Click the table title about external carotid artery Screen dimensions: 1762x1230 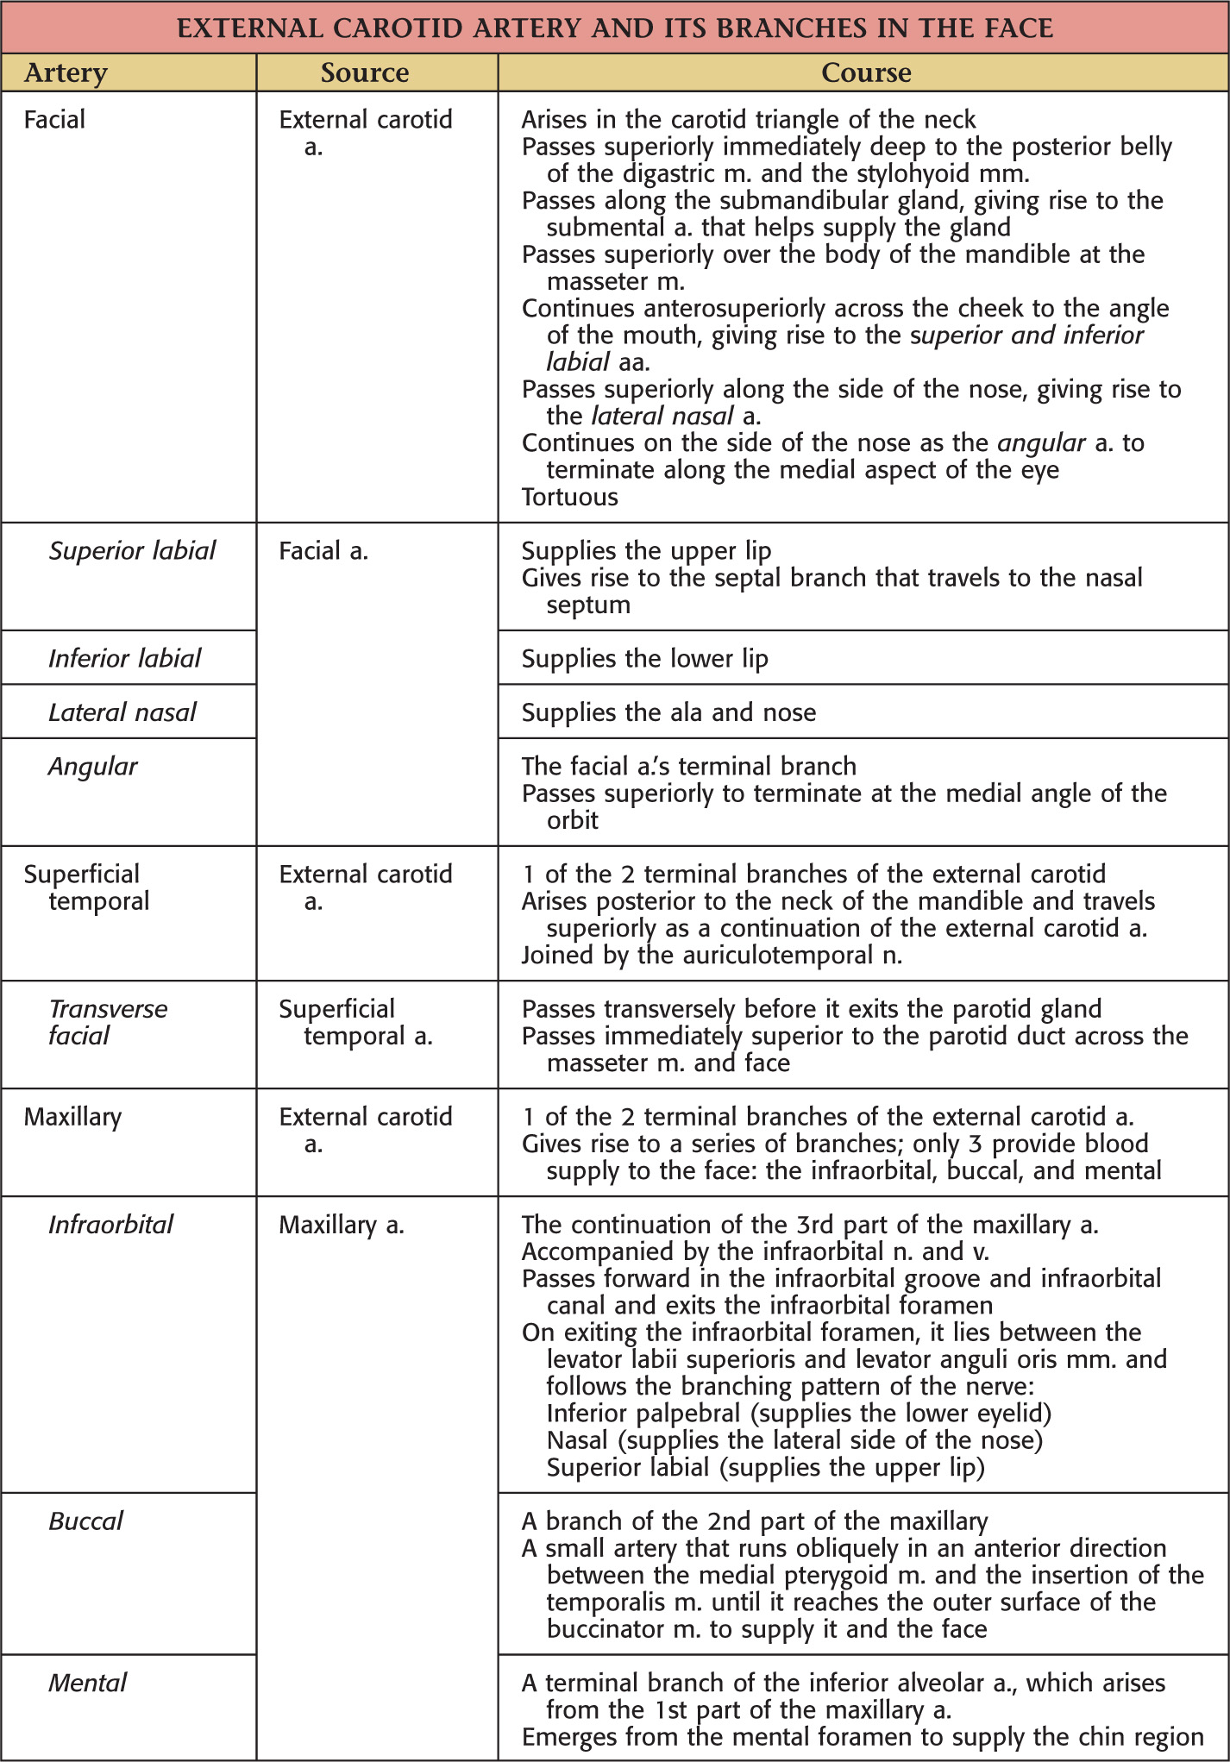pos(614,28)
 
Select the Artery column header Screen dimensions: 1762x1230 pos(66,73)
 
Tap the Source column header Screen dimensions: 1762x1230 pos(365,73)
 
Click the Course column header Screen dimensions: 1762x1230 pos(865,73)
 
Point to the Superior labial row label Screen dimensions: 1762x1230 pos(132,551)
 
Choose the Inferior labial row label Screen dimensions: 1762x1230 pos(124,659)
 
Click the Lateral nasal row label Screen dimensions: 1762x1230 pos(122,712)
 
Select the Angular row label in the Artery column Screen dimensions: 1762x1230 pos(93,767)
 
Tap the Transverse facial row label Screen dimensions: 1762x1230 pos(108,1022)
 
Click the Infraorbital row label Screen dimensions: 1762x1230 pos(111,1225)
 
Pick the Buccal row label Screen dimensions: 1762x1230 pos(86,1521)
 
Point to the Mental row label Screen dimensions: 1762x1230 pos(88,1683)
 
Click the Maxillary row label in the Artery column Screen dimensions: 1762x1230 pos(73,1117)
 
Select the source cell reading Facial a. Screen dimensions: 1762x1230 pos(323,551)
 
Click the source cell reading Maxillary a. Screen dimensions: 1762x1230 pos(342,1225)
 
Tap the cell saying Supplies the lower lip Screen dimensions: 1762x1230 pos(644,659)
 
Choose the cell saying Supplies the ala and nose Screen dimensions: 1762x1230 pos(668,712)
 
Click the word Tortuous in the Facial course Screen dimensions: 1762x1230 pos(570,497)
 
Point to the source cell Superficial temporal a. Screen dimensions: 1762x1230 pos(355,1022)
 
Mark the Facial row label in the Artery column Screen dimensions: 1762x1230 pos(55,119)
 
